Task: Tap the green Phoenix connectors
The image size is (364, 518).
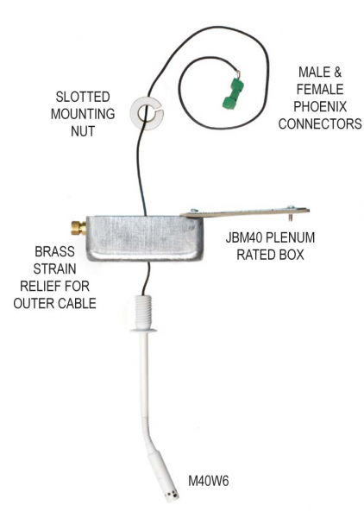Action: click(x=233, y=93)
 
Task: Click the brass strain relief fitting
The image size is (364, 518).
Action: click(x=78, y=228)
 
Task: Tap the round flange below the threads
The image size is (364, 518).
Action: click(x=143, y=330)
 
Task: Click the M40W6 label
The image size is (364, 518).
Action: click(x=208, y=481)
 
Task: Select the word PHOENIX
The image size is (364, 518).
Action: click(x=320, y=106)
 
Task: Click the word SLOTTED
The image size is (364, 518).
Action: click(x=83, y=97)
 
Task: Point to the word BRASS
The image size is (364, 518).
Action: click(x=54, y=252)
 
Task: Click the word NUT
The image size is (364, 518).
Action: click(x=83, y=131)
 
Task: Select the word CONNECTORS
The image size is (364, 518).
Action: click(x=320, y=123)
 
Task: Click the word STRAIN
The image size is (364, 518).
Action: click(x=54, y=268)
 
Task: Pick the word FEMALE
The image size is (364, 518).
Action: click(x=320, y=89)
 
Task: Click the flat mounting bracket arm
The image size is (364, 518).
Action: click(x=245, y=212)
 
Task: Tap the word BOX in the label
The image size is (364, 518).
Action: click(x=292, y=255)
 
